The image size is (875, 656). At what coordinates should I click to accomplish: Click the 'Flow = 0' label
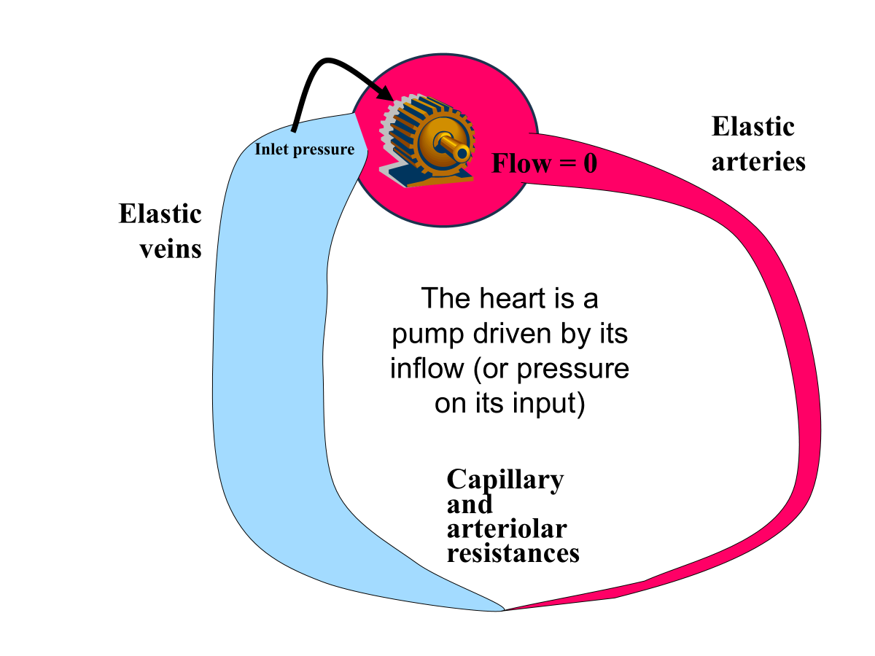pyautogui.click(x=544, y=163)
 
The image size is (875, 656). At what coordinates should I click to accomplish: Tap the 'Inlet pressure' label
pyautogui.click(x=304, y=149)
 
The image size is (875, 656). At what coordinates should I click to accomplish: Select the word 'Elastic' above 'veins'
pyautogui.click(x=160, y=214)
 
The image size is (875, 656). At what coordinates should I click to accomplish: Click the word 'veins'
pyautogui.click(x=171, y=249)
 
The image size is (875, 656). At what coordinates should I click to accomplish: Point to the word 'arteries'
pyautogui.click(x=758, y=161)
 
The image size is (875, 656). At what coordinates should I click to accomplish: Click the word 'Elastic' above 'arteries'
pyautogui.click(x=752, y=127)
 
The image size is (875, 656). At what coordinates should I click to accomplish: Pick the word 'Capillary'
pyautogui.click(x=505, y=480)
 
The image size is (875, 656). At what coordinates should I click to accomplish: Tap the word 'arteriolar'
pyautogui.click(x=506, y=528)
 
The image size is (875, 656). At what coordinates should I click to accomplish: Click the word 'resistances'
pyautogui.click(x=513, y=552)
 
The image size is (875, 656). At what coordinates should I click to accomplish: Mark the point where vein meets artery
pyautogui.click(x=504, y=609)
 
